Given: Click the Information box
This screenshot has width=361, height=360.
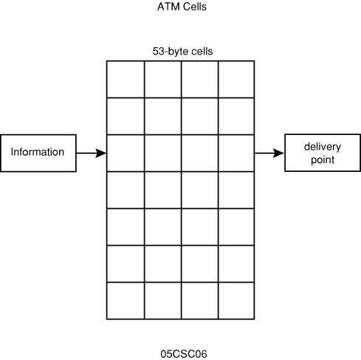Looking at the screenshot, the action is pos(38,153).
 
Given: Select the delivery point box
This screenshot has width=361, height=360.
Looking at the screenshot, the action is pos(323,153).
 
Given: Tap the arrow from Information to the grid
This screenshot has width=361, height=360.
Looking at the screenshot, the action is pos(92,153).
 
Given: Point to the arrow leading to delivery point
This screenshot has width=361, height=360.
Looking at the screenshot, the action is pos(269,153).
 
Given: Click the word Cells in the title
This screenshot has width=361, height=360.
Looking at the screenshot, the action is pos(194,7).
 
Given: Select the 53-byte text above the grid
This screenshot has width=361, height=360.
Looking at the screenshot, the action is pos(167,51).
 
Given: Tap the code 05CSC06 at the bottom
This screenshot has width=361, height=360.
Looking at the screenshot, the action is pos(184,354).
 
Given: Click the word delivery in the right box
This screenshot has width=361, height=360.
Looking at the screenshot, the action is pos(323,147).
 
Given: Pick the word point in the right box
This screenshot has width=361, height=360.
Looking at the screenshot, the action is pos(323,160).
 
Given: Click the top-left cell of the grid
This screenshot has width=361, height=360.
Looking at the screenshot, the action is pos(126,79).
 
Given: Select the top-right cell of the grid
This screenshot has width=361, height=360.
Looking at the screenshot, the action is pos(236,79).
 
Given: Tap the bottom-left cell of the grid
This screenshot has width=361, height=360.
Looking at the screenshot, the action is pos(126,301).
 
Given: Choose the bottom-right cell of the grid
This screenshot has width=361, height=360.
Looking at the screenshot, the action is pos(236,301).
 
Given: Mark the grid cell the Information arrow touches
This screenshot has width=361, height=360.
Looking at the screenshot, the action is pos(126,153).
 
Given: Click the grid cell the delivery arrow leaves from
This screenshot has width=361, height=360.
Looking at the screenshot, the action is pos(236,153).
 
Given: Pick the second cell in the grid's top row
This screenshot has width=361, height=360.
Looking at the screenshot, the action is pos(163,79).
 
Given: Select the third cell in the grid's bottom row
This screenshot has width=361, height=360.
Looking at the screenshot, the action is pos(199,301).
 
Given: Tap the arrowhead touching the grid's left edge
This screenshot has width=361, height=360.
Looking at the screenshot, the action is pos(101,153).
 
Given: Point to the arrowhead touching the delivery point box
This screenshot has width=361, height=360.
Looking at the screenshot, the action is pos(279,153).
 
